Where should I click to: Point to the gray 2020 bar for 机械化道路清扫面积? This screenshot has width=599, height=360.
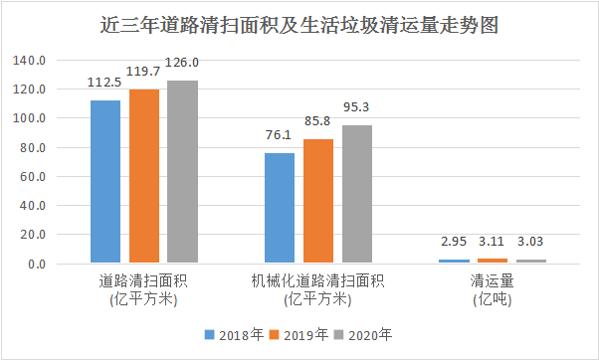(356, 195)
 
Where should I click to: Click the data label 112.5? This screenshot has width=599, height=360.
(105, 83)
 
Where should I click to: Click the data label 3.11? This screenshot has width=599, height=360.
(493, 242)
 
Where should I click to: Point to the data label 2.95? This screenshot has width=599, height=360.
(454, 242)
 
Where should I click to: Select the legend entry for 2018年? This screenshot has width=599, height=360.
(236, 334)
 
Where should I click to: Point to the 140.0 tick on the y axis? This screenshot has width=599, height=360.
(32, 61)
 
